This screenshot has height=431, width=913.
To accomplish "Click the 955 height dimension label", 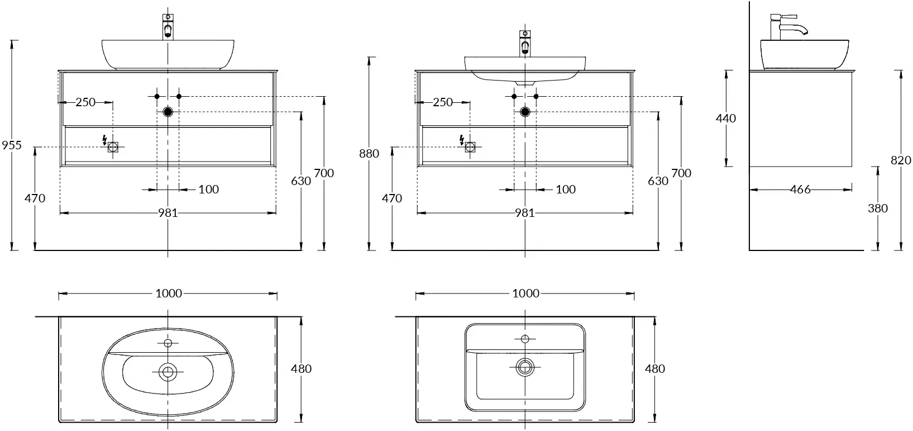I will (x=12, y=145).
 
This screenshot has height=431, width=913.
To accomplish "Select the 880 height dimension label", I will (x=369, y=153).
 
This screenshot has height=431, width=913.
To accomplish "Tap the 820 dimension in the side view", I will (x=901, y=160).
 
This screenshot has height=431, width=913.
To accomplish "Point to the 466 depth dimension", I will (x=800, y=190).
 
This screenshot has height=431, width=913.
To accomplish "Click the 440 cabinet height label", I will (x=726, y=118).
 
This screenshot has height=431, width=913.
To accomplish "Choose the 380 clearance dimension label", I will (x=878, y=208).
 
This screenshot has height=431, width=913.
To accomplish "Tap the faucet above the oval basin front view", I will (x=168, y=27).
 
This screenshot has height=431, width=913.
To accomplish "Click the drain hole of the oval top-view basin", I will (x=168, y=371).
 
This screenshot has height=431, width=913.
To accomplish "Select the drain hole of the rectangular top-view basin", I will (x=525, y=367).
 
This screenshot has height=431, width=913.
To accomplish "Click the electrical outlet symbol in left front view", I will (x=113, y=147).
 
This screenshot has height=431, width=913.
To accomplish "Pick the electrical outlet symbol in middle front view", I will (x=470, y=147).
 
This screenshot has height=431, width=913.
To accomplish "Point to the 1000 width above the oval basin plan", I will (x=169, y=293).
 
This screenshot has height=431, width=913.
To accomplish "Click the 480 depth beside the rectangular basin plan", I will (x=654, y=369).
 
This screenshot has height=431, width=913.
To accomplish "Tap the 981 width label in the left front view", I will (x=168, y=213).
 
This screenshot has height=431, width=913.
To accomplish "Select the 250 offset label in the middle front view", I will (x=442, y=102).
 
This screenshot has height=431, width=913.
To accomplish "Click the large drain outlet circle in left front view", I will (x=168, y=112).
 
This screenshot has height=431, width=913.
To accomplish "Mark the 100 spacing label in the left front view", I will (x=209, y=190).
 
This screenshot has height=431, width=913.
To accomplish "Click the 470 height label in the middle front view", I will (x=391, y=198).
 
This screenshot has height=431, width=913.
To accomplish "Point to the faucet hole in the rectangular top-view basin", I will (x=525, y=339).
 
